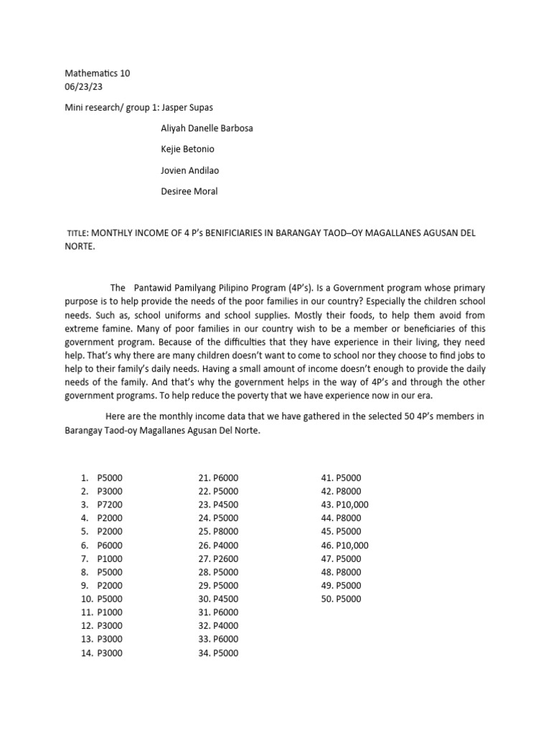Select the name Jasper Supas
point(189,107)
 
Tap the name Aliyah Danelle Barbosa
point(207,128)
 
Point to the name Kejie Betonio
point(188,149)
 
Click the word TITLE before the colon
point(76,234)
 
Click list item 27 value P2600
point(226,558)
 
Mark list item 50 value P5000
point(349,599)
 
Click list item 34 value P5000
point(226,653)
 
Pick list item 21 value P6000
point(226,478)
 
